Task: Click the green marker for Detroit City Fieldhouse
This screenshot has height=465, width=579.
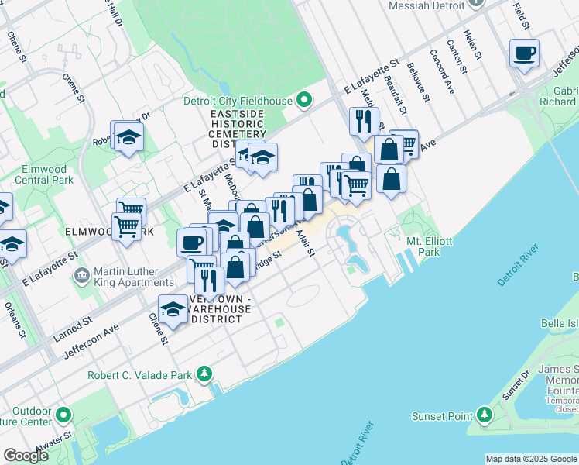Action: tap(305, 100)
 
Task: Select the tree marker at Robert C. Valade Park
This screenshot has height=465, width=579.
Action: tap(204, 375)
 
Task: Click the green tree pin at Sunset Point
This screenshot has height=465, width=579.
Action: tap(484, 416)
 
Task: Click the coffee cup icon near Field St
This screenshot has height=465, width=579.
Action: tap(524, 53)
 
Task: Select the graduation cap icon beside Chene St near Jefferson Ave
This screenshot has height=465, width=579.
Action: tap(173, 309)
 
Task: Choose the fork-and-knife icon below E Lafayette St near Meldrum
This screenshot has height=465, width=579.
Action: tap(362, 121)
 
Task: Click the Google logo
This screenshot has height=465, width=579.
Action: tap(26, 456)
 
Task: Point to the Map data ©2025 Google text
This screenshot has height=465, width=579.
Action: tap(530, 459)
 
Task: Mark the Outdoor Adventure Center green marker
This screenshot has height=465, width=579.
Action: tap(63, 415)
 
